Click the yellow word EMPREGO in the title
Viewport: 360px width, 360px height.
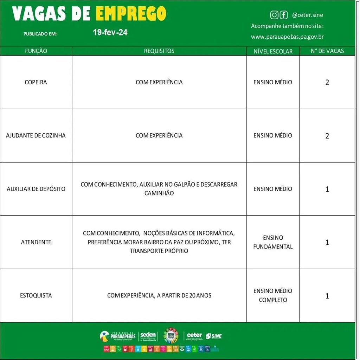point(131,14)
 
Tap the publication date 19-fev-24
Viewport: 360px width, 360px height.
point(110,33)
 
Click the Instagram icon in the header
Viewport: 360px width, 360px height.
point(274,15)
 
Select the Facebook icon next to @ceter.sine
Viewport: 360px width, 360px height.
point(283,15)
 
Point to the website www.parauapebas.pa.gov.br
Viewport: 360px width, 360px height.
point(287,37)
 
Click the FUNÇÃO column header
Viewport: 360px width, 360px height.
point(36,51)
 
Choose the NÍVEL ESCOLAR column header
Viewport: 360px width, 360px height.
point(273,51)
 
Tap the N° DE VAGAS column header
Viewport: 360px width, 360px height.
point(327,51)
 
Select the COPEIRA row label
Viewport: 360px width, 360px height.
point(36,82)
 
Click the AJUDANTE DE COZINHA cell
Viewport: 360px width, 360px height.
point(36,135)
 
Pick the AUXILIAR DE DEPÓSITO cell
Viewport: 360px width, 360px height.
point(36,189)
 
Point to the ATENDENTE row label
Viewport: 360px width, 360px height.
point(36,242)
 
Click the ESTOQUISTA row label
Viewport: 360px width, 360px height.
point(36,295)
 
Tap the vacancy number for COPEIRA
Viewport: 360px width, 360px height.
point(327,83)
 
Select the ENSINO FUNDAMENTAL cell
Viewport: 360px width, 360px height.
point(273,242)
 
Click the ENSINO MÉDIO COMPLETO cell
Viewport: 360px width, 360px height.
point(273,295)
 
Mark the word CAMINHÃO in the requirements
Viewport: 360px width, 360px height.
point(159,193)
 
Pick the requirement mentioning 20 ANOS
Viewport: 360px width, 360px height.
point(159,295)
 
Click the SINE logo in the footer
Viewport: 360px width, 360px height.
point(214,336)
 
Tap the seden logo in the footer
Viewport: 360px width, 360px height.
point(148,336)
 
